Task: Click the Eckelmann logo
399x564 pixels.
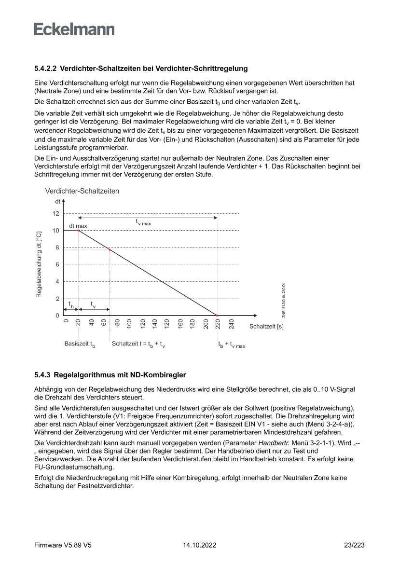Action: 74,29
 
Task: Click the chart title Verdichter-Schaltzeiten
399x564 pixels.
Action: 82,191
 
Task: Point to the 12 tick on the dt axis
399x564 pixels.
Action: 56,213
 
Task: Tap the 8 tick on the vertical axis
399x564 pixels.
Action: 57,248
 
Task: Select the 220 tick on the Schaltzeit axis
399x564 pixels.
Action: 217,323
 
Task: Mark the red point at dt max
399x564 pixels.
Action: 78,231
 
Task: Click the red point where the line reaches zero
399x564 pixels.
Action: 217,316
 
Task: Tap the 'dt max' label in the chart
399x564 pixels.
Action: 78,225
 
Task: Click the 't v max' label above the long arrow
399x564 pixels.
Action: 143,222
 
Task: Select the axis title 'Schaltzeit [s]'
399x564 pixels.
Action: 266,327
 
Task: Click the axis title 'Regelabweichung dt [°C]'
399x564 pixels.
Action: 39,264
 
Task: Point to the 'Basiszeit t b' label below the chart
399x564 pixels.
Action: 80,344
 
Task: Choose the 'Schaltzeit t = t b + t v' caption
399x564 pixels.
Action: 139,344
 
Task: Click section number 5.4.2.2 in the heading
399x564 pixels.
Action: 46,69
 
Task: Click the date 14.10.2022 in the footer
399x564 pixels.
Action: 199,545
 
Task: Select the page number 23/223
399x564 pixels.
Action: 354,545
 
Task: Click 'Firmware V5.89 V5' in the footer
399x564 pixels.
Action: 63,545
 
